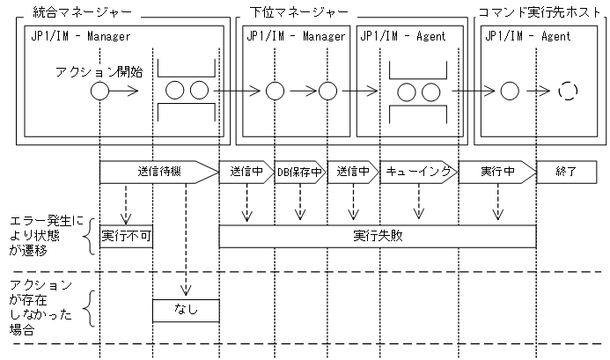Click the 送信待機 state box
158,172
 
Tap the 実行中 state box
497,172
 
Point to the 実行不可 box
126,236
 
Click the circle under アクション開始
100,91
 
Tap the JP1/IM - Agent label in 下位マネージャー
402,37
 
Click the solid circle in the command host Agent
508,91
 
